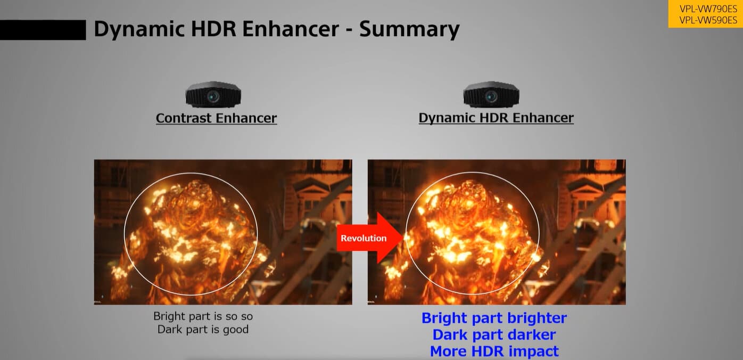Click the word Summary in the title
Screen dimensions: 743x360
(409, 30)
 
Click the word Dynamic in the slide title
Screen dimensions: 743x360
(139, 30)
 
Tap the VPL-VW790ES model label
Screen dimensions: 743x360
(708, 9)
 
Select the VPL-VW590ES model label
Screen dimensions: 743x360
(708, 20)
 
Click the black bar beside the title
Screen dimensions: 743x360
(43, 30)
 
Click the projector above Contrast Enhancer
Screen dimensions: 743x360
(213, 95)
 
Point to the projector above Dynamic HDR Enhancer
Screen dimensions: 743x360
(491, 95)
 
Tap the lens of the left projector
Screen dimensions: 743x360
(212, 96)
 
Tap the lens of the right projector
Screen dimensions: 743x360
(490, 96)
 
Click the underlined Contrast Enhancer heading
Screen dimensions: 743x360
(216, 118)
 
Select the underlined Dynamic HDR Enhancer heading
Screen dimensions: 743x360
(496, 118)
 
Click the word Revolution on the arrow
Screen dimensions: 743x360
(364, 238)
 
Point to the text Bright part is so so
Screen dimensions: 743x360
(203, 316)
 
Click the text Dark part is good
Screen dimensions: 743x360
(203, 330)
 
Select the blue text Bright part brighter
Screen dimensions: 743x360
(494, 318)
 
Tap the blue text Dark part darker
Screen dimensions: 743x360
(494, 335)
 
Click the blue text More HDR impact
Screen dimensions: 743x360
(494, 351)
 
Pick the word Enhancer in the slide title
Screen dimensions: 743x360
(291, 29)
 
